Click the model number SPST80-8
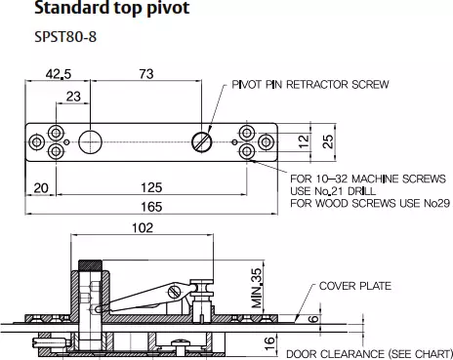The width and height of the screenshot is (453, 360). (65, 37)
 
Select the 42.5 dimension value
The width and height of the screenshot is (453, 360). (59, 74)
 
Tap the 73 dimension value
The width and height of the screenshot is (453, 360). (146, 74)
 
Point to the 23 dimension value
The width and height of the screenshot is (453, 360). (73, 97)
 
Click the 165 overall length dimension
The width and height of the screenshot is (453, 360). (151, 207)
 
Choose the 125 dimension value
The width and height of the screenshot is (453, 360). (151, 187)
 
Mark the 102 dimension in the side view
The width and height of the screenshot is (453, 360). (143, 227)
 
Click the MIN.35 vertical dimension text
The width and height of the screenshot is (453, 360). (257, 288)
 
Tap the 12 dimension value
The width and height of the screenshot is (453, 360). (304, 141)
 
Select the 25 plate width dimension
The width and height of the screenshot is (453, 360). (328, 141)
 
